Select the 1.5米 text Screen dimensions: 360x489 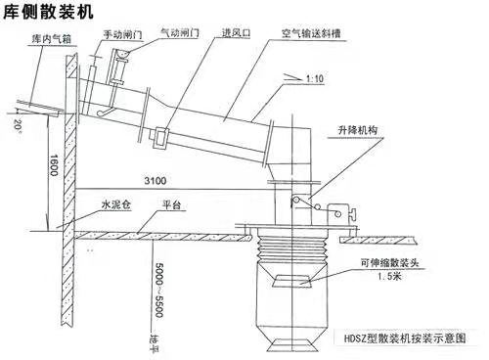[394, 278]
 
